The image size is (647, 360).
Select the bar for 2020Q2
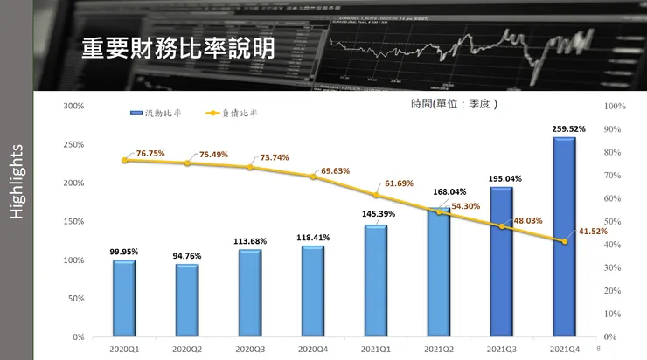tap(187, 300)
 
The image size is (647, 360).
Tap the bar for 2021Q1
tap(376, 280)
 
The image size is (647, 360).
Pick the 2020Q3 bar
tap(250, 293)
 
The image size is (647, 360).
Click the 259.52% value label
tap(569, 128)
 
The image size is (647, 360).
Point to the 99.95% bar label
tap(124, 252)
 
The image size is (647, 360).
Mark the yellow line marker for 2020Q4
tap(313, 177)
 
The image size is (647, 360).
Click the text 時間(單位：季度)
tap(454, 103)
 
